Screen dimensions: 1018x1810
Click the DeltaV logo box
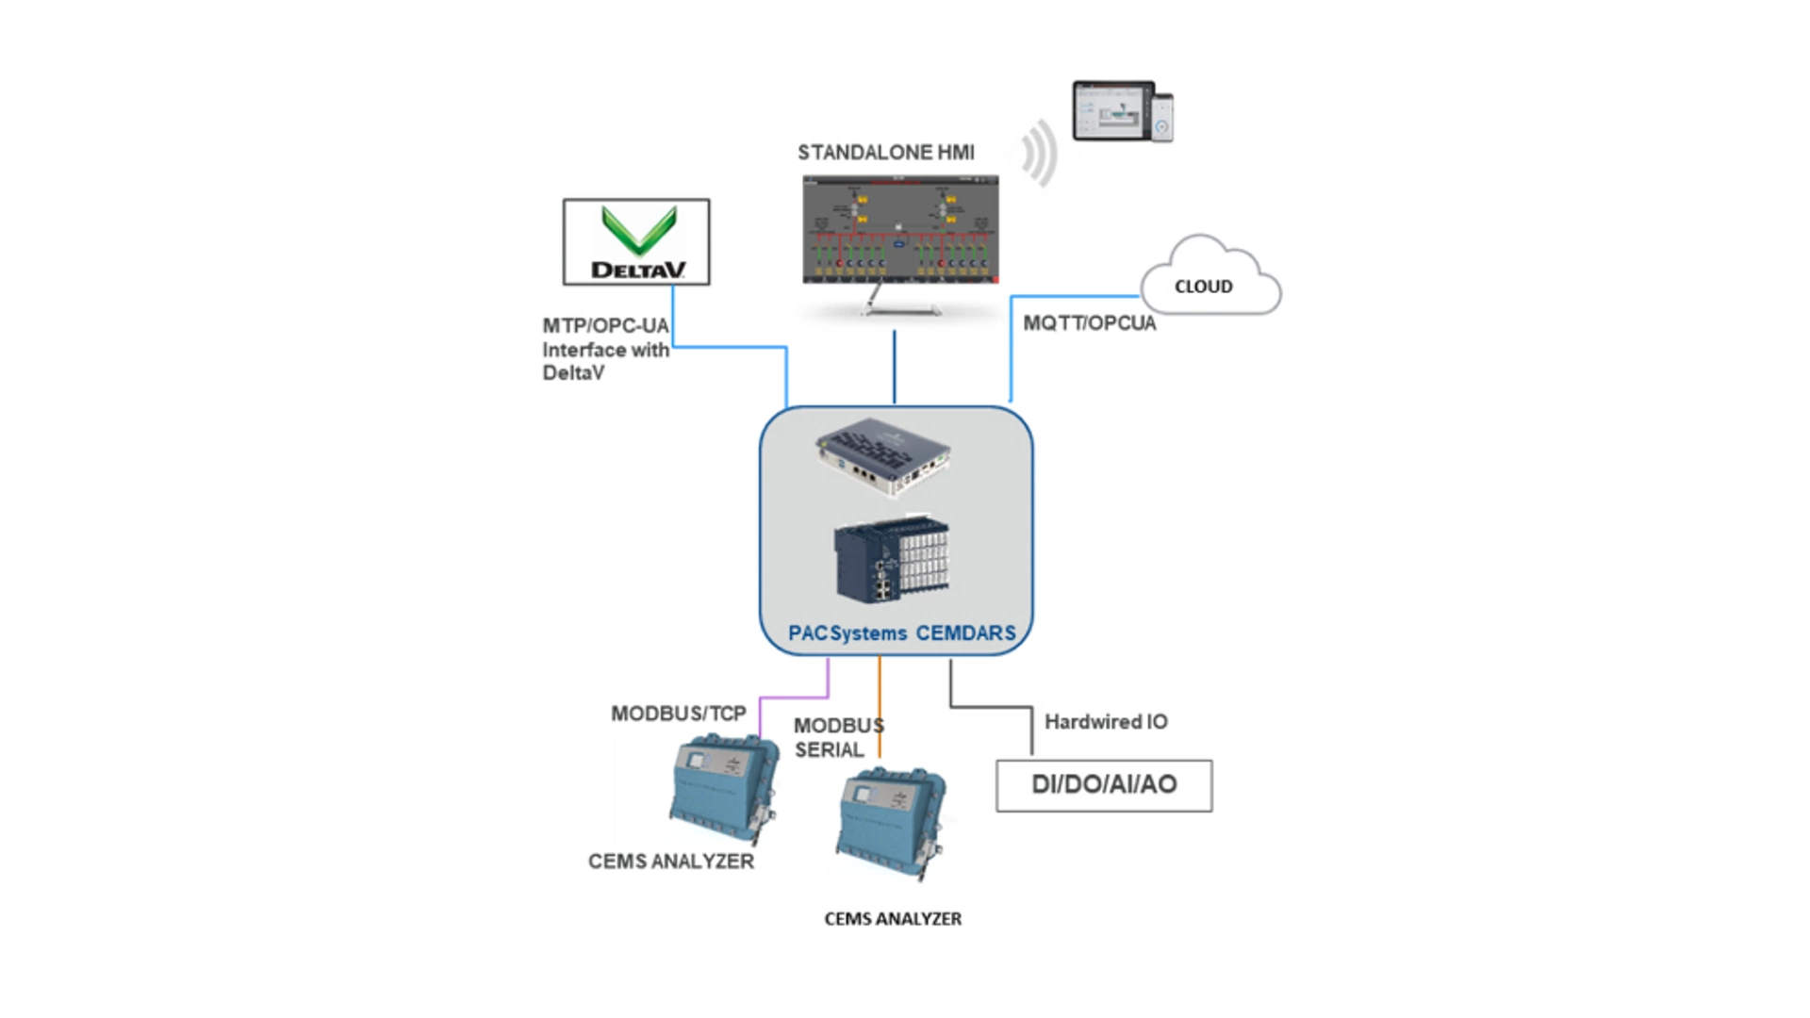(636, 241)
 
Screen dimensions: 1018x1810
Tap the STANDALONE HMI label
(885, 153)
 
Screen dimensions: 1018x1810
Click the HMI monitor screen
(899, 229)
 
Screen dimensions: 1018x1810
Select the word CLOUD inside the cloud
(1203, 287)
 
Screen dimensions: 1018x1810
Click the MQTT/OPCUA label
(1089, 323)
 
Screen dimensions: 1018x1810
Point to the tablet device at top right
(1112, 110)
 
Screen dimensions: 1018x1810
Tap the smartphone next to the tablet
(1162, 118)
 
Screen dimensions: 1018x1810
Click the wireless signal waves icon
(1039, 153)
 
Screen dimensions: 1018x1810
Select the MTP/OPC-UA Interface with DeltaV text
(605, 349)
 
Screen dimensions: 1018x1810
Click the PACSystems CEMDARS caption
(901, 633)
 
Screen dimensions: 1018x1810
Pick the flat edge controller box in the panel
(884, 455)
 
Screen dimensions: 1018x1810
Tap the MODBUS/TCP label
(678, 714)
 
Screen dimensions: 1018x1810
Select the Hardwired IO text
(1105, 722)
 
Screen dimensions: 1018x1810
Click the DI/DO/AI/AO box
(1103, 785)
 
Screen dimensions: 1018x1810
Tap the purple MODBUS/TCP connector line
(794, 698)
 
